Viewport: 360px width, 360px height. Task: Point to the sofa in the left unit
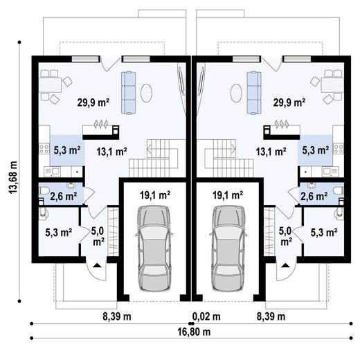[x=129, y=88]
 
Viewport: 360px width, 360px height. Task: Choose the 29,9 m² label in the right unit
[x=289, y=102]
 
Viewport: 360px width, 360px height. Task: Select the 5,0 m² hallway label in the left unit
[x=98, y=236]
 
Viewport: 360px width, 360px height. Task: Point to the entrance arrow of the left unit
[x=98, y=264]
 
